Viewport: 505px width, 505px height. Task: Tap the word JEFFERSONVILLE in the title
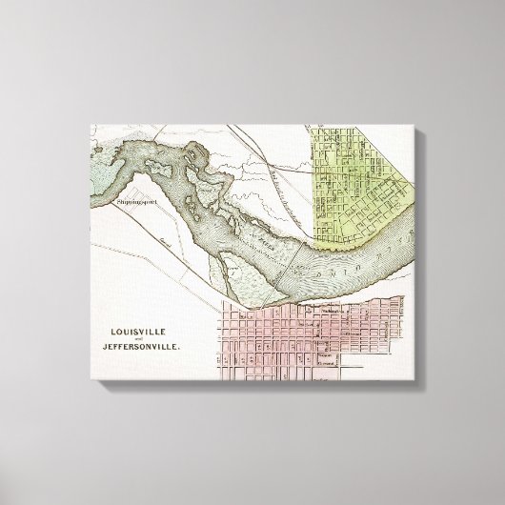tap(142, 349)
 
